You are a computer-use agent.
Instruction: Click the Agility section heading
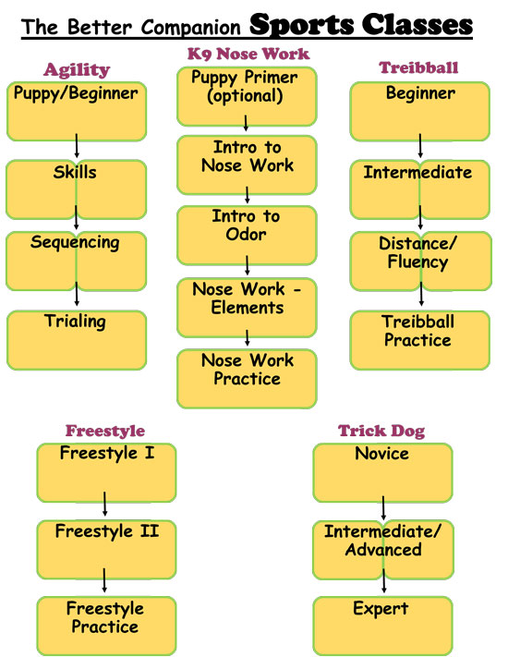click(x=77, y=70)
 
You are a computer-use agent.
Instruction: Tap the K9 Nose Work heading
click(x=248, y=54)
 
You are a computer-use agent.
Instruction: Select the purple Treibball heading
click(x=418, y=67)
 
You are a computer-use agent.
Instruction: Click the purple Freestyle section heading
click(x=105, y=431)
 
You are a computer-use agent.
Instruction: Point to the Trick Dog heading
click(x=381, y=431)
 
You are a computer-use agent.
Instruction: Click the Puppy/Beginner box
click(x=77, y=112)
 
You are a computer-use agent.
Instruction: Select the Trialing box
click(x=77, y=340)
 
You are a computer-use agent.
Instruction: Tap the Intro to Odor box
click(x=247, y=235)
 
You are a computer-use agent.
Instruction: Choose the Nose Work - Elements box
click(x=247, y=308)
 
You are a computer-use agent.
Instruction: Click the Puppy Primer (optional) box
click(x=247, y=96)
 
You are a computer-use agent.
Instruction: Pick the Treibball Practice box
click(x=420, y=340)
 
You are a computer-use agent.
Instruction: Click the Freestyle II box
click(x=106, y=550)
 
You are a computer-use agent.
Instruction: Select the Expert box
click(x=382, y=627)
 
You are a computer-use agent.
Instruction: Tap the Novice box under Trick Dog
click(x=382, y=472)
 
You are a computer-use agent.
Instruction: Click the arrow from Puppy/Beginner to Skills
click(x=77, y=145)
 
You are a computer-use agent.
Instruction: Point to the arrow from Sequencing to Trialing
click(x=77, y=294)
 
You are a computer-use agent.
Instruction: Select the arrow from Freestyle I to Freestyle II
click(x=104, y=504)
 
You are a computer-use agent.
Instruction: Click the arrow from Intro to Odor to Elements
click(x=248, y=265)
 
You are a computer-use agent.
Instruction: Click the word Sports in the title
click(x=301, y=25)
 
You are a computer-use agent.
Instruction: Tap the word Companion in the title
click(x=190, y=28)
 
